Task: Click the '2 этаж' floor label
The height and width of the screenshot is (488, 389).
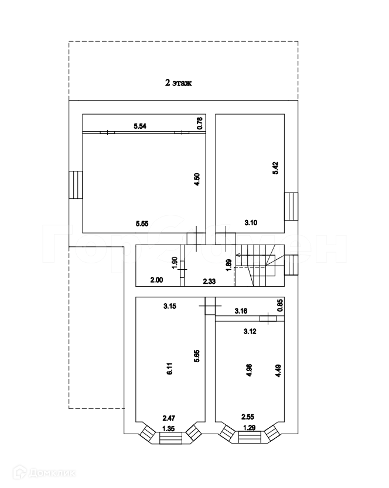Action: click(x=179, y=83)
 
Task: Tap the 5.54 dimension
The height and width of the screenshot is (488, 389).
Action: click(x=140, y=126)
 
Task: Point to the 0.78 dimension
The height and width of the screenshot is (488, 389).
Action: click(x=200, y=123)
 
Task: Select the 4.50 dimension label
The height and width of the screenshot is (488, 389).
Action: click(x=198, y=178)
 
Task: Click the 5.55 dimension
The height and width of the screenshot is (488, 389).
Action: click(x=142, y=223)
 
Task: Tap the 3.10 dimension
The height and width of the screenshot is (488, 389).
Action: click(x=251, y=222)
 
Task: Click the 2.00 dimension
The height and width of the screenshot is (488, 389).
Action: click(x=156, y=281)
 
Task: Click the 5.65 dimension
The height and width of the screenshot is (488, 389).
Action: click(x=198, y=356)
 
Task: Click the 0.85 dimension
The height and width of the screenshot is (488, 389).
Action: click(x=280, y=305)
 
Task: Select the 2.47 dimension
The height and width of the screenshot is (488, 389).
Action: click(x=169, y=418)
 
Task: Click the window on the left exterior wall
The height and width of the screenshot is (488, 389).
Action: click(x=75, y=185)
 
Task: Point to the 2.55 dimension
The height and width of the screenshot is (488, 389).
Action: click(x=248, y=418)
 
